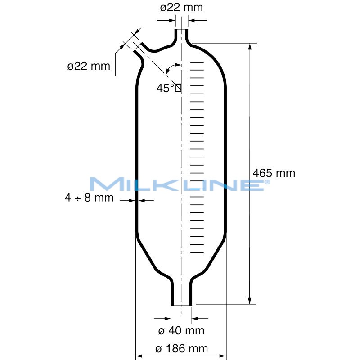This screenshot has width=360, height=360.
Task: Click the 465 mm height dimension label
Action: click(x=274, y=173)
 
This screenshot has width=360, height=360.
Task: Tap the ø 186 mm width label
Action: click(x=181, y=348)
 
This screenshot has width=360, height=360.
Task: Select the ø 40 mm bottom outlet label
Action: click(x=181, y=331)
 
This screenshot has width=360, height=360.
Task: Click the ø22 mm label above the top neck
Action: click(x=181, y=8)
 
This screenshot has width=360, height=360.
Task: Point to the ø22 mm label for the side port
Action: click(x=89, y=66)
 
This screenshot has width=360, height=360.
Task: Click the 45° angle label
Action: click(x=165, y=88)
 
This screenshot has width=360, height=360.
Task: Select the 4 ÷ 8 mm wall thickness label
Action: click(x=89, y=198)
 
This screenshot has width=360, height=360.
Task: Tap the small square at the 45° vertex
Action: click(x=178, y=88)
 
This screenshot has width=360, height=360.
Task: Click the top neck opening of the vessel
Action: click(x=181, y=31)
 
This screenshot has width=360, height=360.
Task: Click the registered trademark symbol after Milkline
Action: click(x=267, y=181)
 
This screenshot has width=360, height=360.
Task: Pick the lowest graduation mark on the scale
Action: click(x=198, y=252)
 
